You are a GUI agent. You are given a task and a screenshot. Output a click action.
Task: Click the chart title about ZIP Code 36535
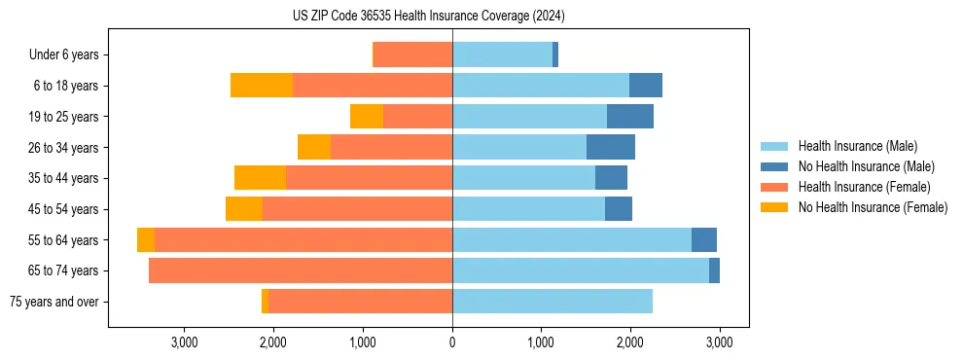(x=428, y=17)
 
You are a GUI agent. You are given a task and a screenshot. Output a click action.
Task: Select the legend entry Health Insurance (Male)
(x=857, y=146)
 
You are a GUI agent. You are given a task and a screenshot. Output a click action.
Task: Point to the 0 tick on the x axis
(x=452, y=342)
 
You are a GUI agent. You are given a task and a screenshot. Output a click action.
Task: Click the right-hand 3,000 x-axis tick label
(x=719, y=342)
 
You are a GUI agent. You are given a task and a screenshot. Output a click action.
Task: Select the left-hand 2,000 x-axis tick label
(x=273, y=342)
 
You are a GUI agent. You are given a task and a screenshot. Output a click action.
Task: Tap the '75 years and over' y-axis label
(x=54, y=302)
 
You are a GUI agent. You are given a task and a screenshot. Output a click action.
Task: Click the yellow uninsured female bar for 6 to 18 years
(x=262, y=86)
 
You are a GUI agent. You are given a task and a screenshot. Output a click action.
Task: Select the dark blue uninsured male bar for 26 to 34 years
(x=611, y=147)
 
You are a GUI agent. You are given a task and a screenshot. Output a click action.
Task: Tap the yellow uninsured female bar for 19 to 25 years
(x=367, y=117)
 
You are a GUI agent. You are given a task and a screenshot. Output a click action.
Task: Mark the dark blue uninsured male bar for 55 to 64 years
(x=704, y=239)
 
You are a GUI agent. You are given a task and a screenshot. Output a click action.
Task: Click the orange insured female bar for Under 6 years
(x=413, y=54)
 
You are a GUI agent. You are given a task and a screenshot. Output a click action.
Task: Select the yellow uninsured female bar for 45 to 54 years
(x=244, y=209)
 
